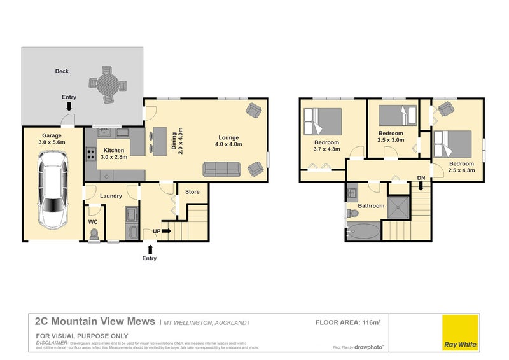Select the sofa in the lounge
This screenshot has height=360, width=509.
[221, 169]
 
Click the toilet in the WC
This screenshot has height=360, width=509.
[95, 234]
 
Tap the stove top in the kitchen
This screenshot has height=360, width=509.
[91, 153]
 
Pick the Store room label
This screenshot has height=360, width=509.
[192, 191]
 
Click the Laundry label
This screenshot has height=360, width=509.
[111, 196]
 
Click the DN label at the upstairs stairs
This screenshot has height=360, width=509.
[421, 177]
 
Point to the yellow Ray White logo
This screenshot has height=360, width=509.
[461, 331]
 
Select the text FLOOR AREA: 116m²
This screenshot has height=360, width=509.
[348, 323]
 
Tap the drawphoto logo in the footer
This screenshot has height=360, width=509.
[368, 347]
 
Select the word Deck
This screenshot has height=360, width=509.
[61, 71]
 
